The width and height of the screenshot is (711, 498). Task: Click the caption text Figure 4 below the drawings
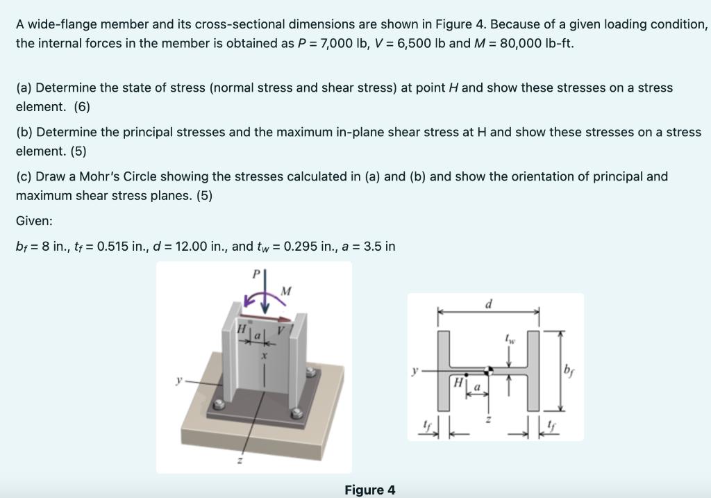click(369, 490)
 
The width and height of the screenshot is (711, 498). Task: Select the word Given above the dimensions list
click(35, 221)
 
